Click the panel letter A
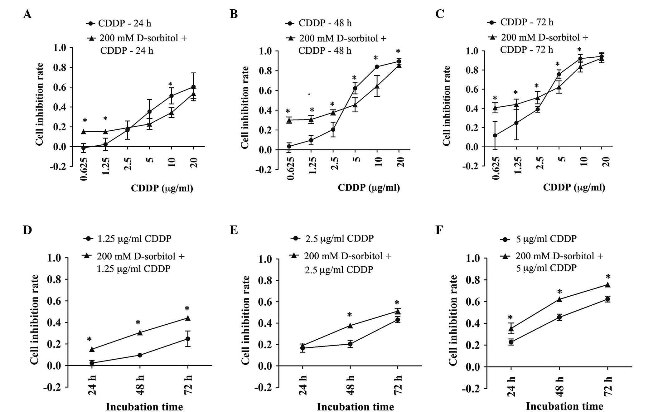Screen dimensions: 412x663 [x=27, y=14]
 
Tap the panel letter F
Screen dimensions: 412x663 [x=439, y=230]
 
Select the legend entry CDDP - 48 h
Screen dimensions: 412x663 [x=325, y=23]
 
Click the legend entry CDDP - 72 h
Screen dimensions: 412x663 [x=526, y=22]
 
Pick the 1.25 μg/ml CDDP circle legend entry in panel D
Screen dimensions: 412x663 [x=134, y=239]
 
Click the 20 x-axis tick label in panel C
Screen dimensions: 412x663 [x=606, y=162]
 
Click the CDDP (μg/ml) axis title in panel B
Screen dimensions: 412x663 [x=369, y=188]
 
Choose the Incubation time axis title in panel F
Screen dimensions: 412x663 [x=564, y=406]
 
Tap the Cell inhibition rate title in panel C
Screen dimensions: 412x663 [x=447, y=106]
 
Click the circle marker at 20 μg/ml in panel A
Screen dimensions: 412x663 [x=193, y=87]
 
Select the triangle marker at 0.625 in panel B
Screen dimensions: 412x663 [x=289, y=120]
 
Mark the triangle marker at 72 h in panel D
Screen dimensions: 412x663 [x=188, y=318]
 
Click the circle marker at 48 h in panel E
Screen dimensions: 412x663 [x=350, y=344]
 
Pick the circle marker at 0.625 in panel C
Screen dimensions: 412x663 [x=495, y=135]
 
